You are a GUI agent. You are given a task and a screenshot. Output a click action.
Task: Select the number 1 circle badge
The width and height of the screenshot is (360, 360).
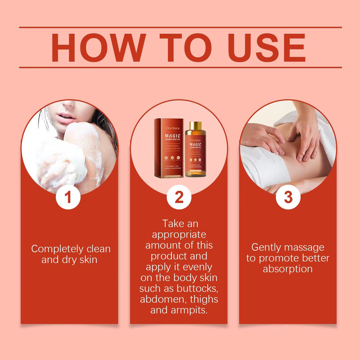(68, 198)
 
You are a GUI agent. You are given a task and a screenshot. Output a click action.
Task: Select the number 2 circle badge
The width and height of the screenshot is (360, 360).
(179, 198)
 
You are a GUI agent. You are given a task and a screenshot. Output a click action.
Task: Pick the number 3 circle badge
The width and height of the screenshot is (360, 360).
(288, 198)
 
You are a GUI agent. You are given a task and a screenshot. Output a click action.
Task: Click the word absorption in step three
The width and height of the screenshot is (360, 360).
(288, 269)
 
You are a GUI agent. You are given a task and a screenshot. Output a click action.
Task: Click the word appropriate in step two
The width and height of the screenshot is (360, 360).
(179, 234)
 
